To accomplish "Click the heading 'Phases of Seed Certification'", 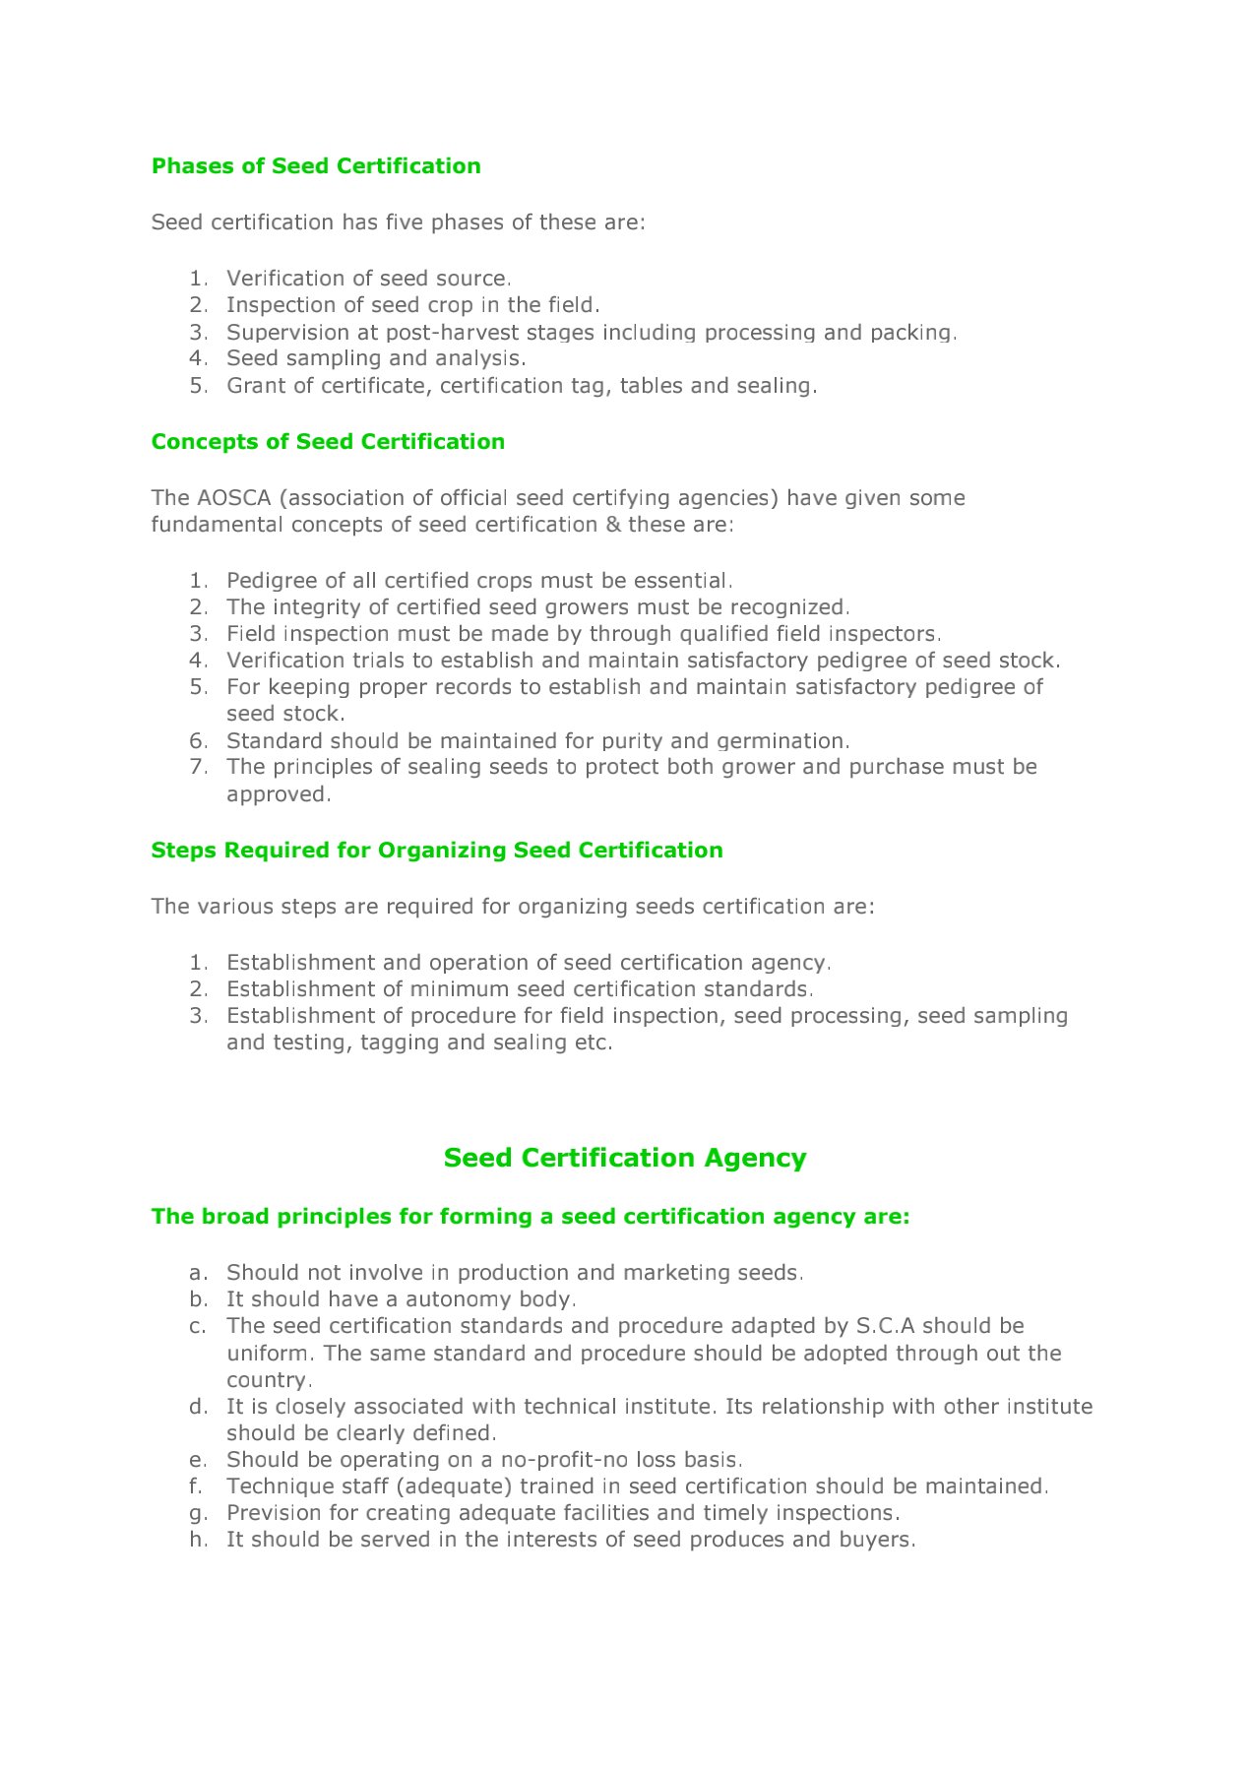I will point(316,165).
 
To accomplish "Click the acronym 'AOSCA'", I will point(234,498).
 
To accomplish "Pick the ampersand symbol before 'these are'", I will point(613,525).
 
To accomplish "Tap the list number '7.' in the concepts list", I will point(199,767).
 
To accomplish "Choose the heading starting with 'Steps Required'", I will point(437,851).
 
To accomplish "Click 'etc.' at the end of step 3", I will point(594,1042).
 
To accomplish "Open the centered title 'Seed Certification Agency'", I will point(625,1158).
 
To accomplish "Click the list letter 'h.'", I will point(199,1540).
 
